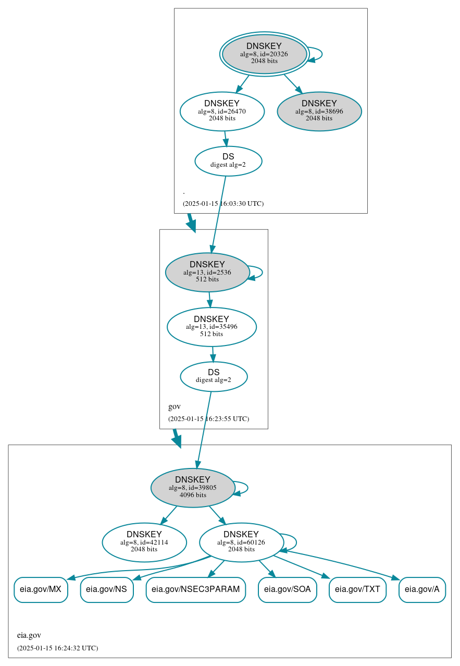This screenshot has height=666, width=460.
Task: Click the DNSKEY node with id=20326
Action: click(x=264, y=54)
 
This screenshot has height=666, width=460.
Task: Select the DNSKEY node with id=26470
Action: click(x=222, y=111)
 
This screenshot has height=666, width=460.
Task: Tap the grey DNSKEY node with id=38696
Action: click(x=319, y=111)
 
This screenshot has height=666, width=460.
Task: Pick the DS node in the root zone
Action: click(x=228, y=161)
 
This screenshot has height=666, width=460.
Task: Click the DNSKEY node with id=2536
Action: click(x=207, y=272)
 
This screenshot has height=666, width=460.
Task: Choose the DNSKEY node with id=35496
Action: click(x=212, y=327)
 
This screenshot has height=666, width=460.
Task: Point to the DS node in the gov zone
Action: click(x=214, y=376)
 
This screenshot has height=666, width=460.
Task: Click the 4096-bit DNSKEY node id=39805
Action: click(x=193, y=488)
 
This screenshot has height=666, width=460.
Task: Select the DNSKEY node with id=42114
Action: click(x=144, y=542)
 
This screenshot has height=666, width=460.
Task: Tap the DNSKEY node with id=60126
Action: click(x=241, y=542)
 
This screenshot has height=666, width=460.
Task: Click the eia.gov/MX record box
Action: click(x=41, y=589)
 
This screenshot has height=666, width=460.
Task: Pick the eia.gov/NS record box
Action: click(x=107, y=589)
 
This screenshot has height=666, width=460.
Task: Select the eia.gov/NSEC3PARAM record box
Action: click(x=195, y=589)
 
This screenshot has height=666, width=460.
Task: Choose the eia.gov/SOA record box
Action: click(x=288, y=589)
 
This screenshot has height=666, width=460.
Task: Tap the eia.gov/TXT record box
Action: click(x=357, y=589)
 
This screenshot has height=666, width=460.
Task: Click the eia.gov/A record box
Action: click(x=422, y=589)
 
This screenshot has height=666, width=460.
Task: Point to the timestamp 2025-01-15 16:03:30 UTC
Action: click(x=223, y=204)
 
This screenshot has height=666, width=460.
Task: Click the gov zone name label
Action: click(x=175, y=406)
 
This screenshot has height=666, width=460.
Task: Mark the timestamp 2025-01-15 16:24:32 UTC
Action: click(x=57, y=648)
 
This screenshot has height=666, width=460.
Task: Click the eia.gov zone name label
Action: click(x=29, y=635)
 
